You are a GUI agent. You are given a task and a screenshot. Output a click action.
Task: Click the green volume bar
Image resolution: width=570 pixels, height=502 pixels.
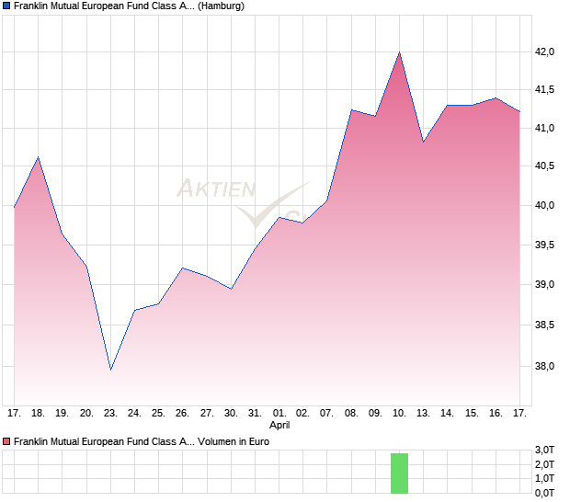click(399, 473)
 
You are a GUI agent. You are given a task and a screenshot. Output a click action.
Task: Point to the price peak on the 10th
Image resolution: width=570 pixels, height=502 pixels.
click(399, 52)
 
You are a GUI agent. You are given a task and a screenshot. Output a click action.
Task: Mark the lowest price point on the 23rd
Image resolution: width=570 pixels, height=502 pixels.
click(110, 370)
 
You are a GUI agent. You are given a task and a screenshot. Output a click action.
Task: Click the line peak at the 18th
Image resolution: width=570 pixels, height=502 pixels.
click(38, 157)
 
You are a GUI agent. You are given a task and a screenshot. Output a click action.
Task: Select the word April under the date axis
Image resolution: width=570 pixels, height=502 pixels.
click(279, 426)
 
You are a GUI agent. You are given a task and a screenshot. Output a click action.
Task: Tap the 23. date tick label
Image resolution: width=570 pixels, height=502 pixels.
click(110, 414)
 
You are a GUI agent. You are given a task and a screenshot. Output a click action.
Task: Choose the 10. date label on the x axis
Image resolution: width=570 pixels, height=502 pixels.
click(399, 414)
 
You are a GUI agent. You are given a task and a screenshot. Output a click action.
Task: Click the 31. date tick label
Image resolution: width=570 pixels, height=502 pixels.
click(255, 414)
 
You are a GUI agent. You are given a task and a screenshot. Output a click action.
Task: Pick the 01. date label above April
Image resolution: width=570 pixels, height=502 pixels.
click(279, 414)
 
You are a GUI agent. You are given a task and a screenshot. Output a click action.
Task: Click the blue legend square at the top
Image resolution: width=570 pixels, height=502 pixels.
click(7, 6)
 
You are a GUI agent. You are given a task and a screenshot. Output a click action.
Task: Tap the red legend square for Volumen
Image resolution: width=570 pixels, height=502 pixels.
click(7, 441)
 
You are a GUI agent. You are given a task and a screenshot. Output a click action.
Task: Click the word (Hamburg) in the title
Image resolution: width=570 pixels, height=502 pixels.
click(222, 6)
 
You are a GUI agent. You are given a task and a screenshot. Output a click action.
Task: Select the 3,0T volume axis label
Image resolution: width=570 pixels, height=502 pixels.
click(545, 449)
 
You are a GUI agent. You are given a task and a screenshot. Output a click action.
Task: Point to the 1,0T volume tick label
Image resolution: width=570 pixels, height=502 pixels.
click(545, 478)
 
